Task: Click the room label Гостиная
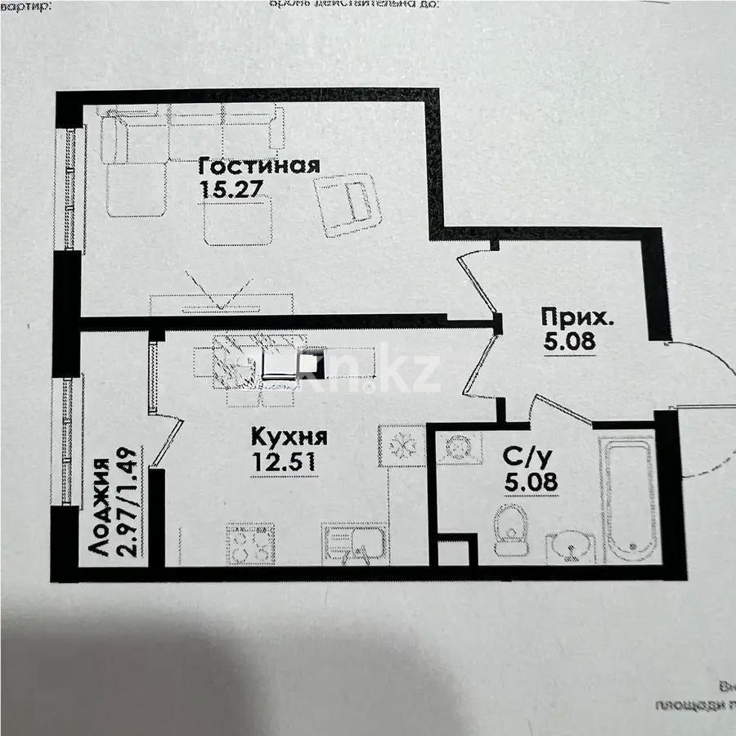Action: coord(258,166)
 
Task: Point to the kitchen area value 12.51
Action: coord(284,460)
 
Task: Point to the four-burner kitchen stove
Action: coord(250,544)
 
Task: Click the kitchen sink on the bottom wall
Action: coord(352,544)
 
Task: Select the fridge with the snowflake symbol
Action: coord(402,445)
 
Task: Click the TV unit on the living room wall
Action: coord(219,303)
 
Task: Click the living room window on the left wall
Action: coord(70,188)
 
